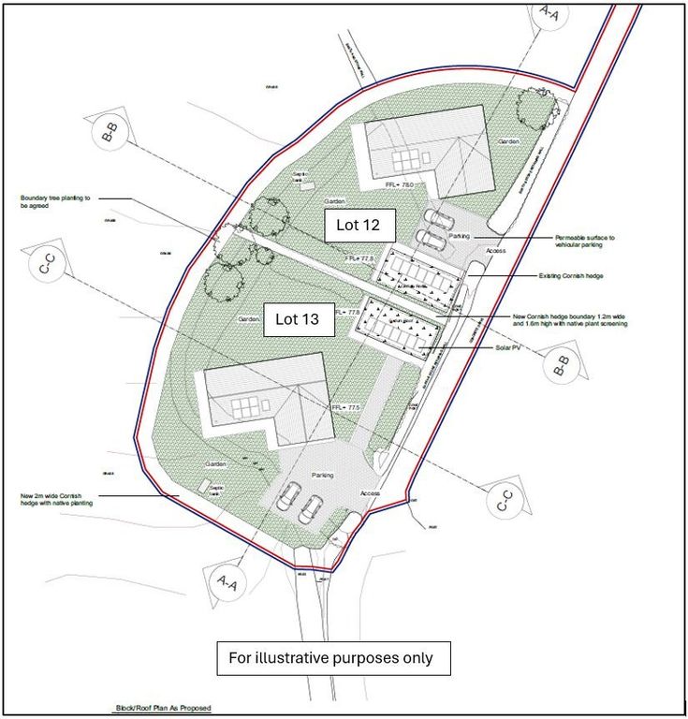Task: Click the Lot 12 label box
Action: pos(360,226)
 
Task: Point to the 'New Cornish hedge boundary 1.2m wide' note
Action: pos(570,320)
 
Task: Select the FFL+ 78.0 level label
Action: pos(399,185)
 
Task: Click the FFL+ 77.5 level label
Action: pos(345,408)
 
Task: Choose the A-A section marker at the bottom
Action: pos(227,582)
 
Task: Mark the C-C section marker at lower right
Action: pos(503,500)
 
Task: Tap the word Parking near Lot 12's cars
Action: pos(459,237)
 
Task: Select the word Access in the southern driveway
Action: pos(371,493)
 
